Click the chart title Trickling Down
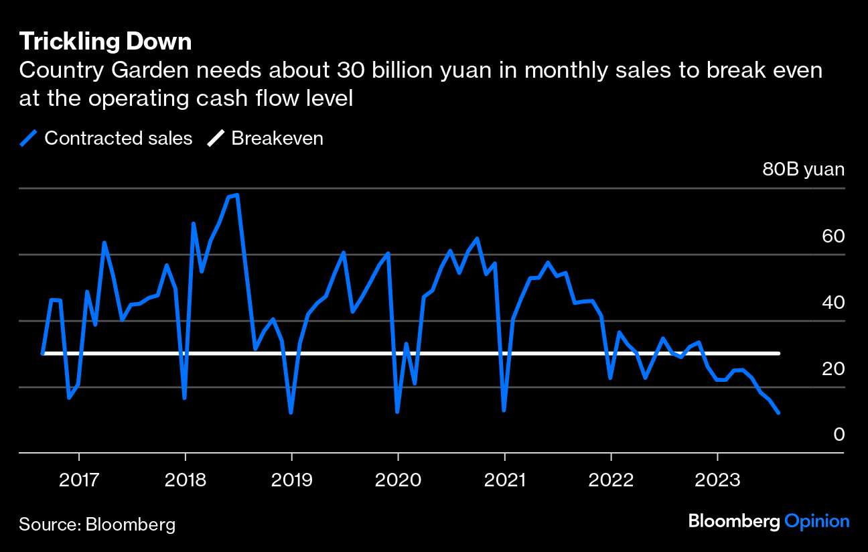(105, 42)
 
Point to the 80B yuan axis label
(803, 169)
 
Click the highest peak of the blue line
(237, 195)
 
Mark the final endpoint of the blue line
(778, 413)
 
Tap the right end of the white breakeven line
(779, 353)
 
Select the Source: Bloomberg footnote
(97, 524)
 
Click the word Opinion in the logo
(816, 521)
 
